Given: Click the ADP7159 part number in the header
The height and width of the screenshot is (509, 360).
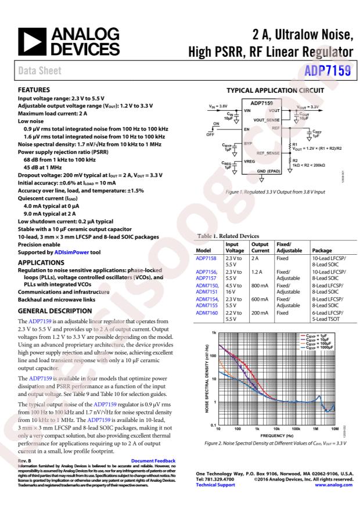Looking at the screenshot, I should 329,71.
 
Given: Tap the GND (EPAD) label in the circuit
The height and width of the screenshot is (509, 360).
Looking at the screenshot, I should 269,172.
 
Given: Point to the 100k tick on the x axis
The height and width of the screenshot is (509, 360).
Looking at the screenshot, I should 296,429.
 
